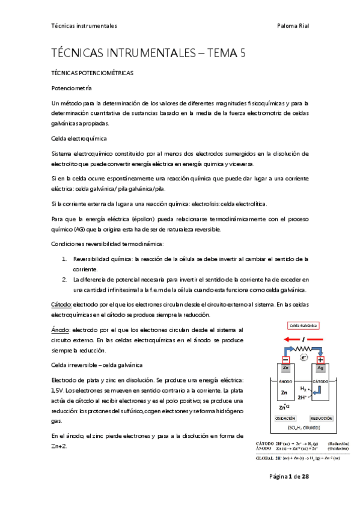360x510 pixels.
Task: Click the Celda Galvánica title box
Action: tap(304, 325)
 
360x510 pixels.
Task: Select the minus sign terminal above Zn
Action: tap(285, 360)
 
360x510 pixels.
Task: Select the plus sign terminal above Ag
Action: tap(320, 360)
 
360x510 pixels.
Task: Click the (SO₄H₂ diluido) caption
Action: tap(304, 428)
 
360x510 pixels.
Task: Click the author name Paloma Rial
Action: tap(293, 26)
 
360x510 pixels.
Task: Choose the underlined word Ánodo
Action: tap(61, 330)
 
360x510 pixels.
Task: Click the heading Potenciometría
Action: tap(72, 88)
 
